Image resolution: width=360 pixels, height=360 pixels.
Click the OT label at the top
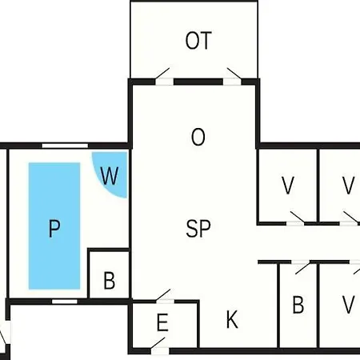pyautogui.click(x=198, y=41)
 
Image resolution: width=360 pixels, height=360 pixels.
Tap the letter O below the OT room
pyautogui.click(x=198, y=137)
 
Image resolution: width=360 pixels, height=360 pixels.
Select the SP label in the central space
pyautogui.click(x=198, y=229)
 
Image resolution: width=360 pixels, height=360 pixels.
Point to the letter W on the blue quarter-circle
pyautogui.click(x=110, y=176)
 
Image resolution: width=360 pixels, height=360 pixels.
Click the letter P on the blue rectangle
pyautogui.click(x=54, y=228)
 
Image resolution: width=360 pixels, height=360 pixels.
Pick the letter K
pyautogui.click(x=232, y=320)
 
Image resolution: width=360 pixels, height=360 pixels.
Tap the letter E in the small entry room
pyautogui.click(x=162, y=322)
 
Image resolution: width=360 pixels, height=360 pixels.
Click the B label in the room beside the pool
pyautogui.click(x=110, y=281)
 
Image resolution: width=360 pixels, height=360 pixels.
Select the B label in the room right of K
pyautogui.click(x=298, y=305)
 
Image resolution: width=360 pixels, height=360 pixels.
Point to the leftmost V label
pyautogui.click(x=288, y=186)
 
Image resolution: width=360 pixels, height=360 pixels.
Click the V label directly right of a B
pyautogui.click(x=349, y=305)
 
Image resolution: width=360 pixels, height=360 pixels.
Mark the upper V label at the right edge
pyautogui.click(x=349, y=186)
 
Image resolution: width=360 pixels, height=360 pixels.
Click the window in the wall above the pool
pyautogui.click(x=65, y=146)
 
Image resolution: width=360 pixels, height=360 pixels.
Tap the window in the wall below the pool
pyautogui.click(x=65, y=302)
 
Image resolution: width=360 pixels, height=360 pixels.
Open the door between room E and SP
pyautogui.click(x=164, y=296)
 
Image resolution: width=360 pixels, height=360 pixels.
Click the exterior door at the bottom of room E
pyautogui.click(x=159, y=346)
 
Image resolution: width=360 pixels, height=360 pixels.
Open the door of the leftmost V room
pyautogui.click(x=296, y=218)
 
